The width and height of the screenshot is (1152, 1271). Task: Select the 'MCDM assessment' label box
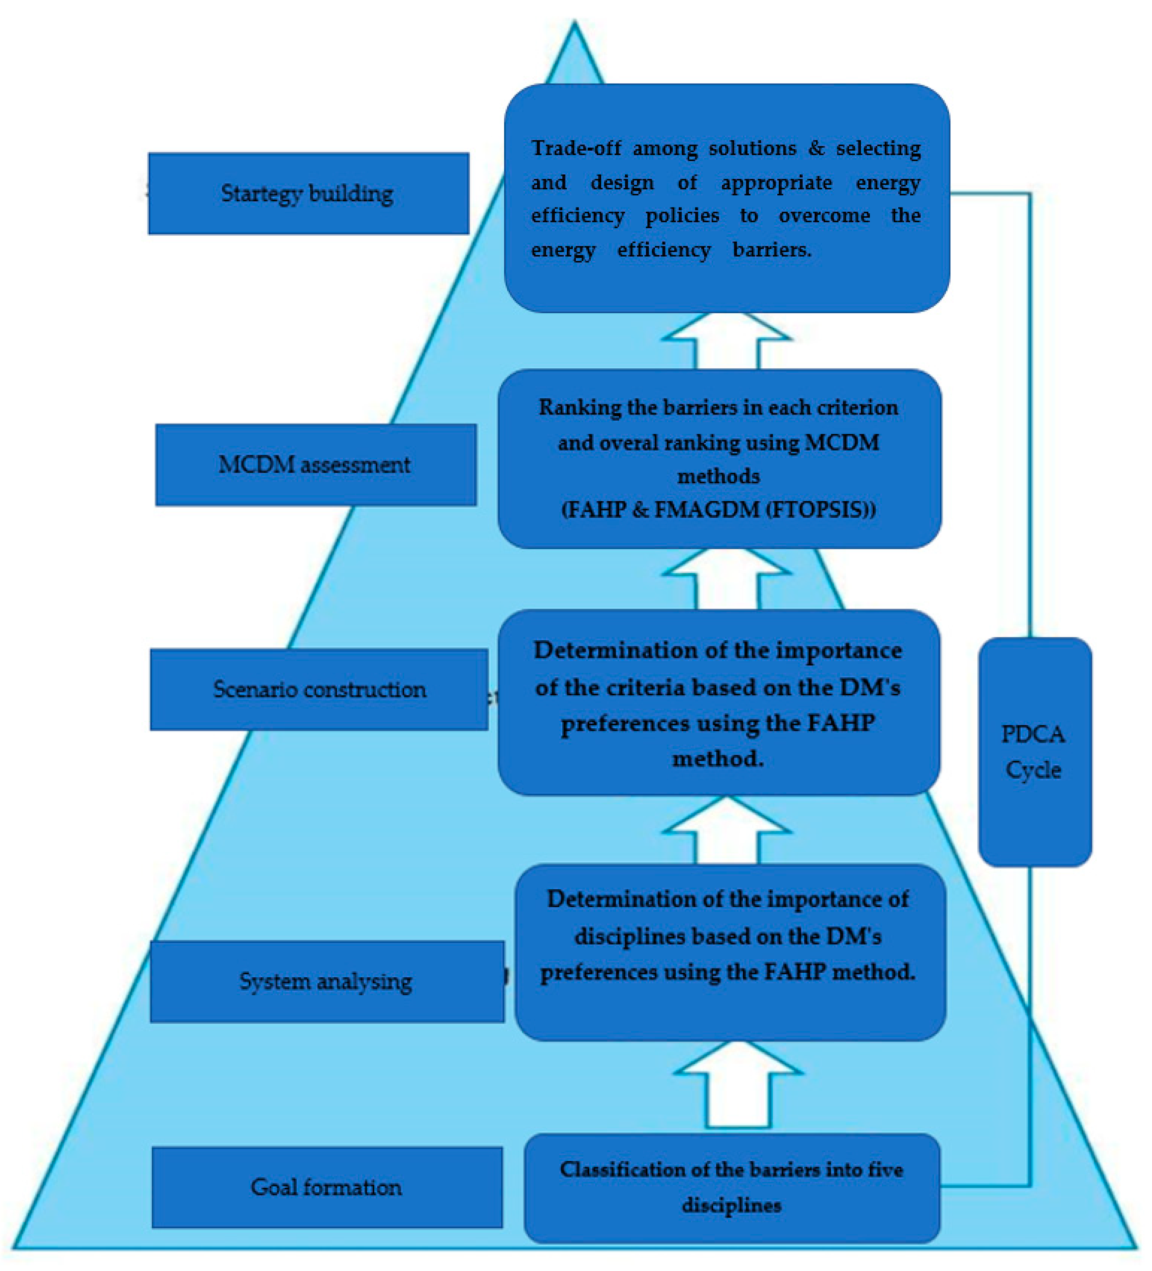coord(315,465)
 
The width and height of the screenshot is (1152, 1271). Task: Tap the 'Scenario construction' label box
coord(319,689)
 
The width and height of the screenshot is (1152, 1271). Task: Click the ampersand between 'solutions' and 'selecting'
coord(816,148)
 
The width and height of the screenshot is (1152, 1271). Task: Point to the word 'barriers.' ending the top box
coord(772,250)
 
